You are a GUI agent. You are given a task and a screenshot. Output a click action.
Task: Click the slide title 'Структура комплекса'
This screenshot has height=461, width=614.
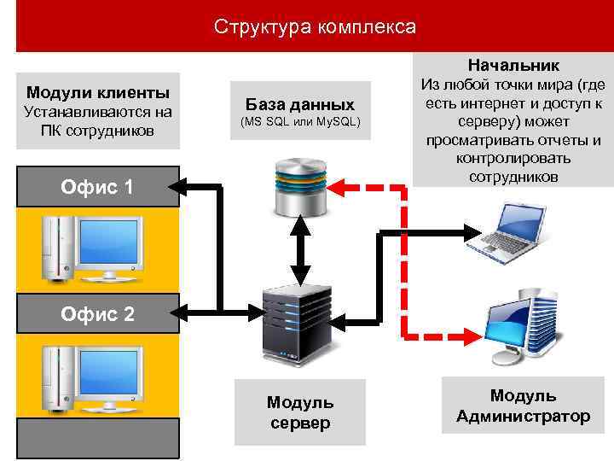point(315,27)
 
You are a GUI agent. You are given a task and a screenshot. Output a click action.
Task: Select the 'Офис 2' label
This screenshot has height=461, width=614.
point(97,314)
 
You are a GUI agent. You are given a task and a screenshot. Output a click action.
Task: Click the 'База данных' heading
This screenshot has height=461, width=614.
point(299,105)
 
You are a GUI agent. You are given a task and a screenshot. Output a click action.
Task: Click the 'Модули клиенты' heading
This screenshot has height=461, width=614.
point(97,92)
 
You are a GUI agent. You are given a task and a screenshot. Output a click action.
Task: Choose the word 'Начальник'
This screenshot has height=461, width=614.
point(513,65)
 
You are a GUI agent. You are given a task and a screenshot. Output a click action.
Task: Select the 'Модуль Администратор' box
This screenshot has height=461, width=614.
point(523,406)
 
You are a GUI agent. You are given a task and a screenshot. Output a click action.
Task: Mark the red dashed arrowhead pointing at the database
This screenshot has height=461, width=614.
point(339,184)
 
